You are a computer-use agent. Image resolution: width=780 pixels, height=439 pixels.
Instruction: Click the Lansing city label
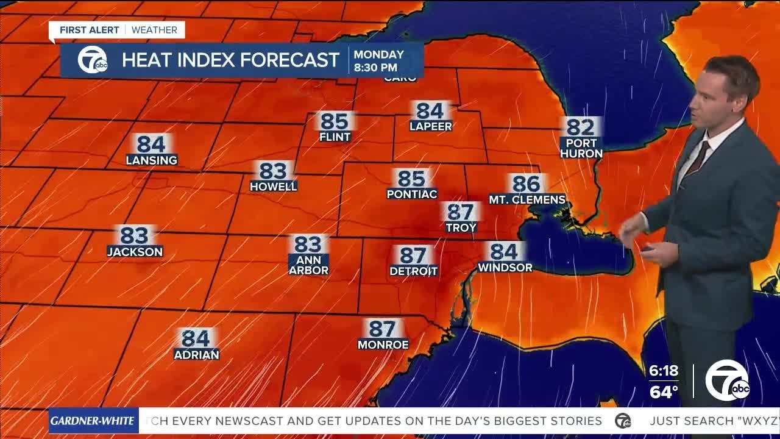click(x=152, y=160)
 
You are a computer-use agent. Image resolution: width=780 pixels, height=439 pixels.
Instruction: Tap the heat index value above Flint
click(x=335, y=121)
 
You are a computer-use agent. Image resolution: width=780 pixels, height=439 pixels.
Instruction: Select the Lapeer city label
click(x=431, y=127)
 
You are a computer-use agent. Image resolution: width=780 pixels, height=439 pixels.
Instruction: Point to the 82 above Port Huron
click(x=581, y=127)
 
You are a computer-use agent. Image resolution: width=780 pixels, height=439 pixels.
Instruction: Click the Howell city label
click(x=274, y=187)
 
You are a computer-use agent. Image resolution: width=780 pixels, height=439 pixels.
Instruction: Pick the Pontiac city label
click(x=412, y=195)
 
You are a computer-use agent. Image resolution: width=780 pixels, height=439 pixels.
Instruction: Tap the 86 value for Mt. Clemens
click(x=526, y=184)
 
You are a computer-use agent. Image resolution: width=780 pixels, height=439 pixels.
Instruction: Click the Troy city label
click(x=461, y=227)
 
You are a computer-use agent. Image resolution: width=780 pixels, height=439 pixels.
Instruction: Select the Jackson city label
click(x=135, y=252)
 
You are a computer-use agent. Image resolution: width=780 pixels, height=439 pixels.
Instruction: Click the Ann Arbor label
click(x=308, y=265)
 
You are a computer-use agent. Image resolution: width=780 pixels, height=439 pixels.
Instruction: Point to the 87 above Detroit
click(x=413, y=255)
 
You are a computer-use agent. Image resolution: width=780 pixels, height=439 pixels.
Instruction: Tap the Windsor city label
click(x=505, y=268)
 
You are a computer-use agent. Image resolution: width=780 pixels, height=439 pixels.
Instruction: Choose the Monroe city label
click(x=383, y=344)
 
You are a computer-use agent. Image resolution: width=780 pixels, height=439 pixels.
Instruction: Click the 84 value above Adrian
click(x=196, y=338)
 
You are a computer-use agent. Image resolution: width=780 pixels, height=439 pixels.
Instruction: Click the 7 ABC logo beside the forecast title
click(x=92, y=60)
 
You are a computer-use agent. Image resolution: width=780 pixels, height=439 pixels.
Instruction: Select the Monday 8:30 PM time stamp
click(x=379, y=61)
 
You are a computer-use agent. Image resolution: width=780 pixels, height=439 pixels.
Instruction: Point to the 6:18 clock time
click(x=664, y=371)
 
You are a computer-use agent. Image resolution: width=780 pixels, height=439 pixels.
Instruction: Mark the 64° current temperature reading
click(x=664, y=391)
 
